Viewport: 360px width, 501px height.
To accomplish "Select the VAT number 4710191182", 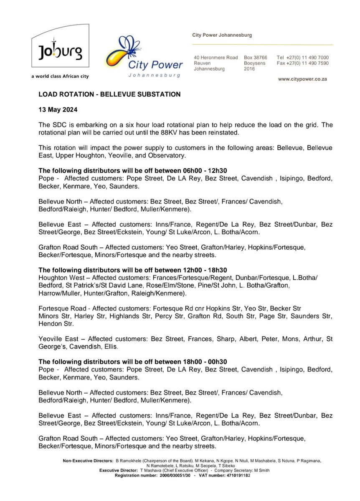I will [x=236, y=475].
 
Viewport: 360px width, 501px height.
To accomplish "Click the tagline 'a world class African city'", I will [x=60, y=76].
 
